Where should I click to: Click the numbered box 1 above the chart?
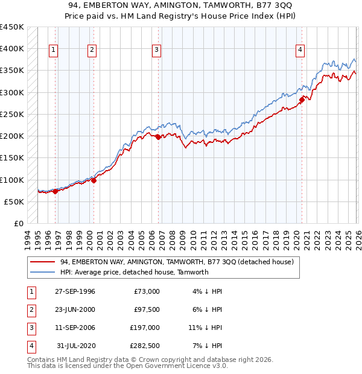coord(54,50)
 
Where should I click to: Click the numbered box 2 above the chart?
coord(92,50)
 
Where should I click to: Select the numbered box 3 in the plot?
coord(156,50)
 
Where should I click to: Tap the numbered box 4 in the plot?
coord(300,50)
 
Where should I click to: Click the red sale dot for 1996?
coord(56,191)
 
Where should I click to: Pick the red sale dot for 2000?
coord(94,180)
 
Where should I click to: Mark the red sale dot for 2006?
coord(158,137)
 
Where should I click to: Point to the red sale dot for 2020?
coord(302,100)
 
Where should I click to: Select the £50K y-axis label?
coord(14,201)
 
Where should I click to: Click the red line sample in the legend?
coord(42,262)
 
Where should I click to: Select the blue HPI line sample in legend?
coord(42,272)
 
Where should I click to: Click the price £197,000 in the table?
coord(145,328)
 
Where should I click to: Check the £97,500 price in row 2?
coord(147,309)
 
